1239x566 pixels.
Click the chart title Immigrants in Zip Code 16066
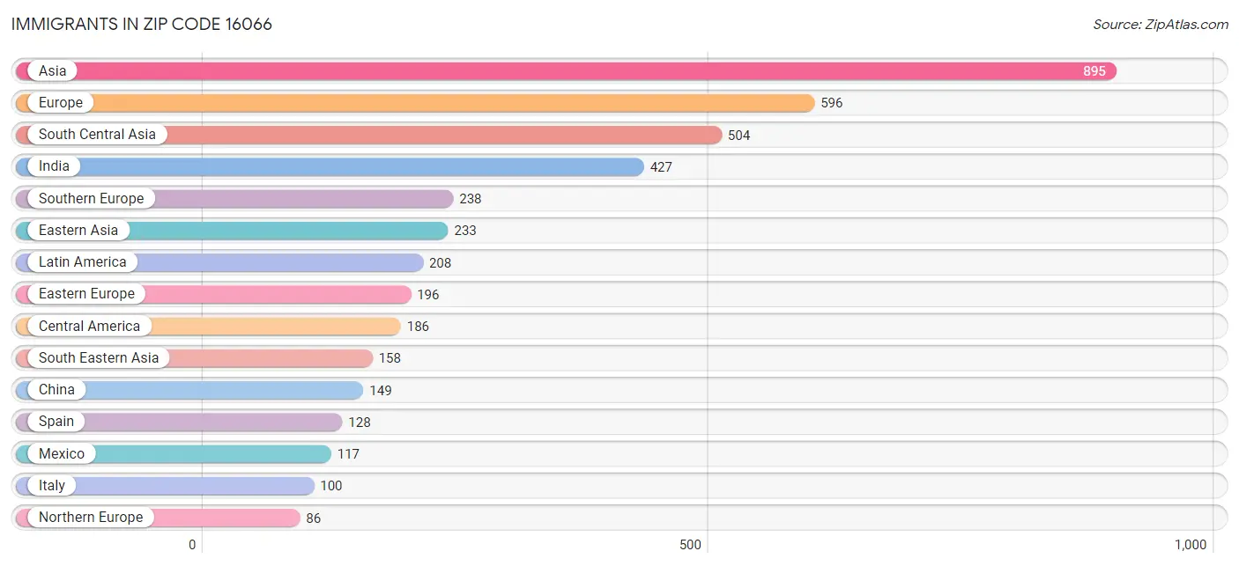click(142, 25)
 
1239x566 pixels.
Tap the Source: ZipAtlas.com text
click(1160, 25)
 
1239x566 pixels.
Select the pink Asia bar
click(566, 71)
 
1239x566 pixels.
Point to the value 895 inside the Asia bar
click(1094, 71)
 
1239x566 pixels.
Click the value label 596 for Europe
click(831, 103)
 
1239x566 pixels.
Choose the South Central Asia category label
click(97, 135)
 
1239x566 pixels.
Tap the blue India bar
click(330, 166)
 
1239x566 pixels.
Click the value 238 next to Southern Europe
click(471, 198)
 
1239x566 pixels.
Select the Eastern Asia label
click(78, 230)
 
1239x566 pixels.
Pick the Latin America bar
click(219, 262)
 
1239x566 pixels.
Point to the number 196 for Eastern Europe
click(427, 295)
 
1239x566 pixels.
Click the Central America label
click(89, 326)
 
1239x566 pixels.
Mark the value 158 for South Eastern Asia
click(390, 358)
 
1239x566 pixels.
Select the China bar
click(189, 390)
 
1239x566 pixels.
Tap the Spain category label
click(56, 421)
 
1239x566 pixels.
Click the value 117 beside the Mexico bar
click(348, 454)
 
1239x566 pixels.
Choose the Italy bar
click(165, 486)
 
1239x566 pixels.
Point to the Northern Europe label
click(91, 518)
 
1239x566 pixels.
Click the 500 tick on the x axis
click(690, 545)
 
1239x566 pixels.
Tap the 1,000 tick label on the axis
click(1191, 545)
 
